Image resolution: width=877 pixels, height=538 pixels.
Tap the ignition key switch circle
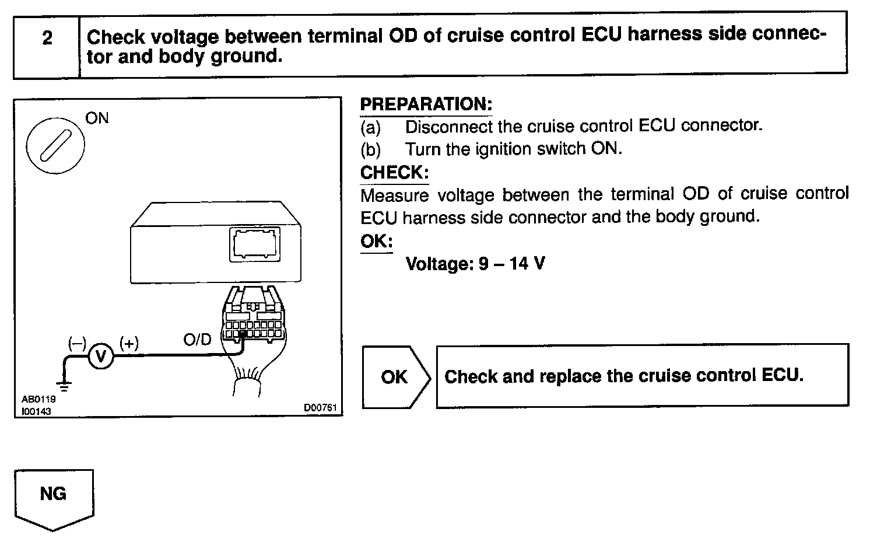click(55, 144)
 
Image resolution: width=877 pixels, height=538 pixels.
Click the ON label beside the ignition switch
click(97, 118)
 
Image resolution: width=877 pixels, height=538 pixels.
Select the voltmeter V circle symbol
click(101, 355)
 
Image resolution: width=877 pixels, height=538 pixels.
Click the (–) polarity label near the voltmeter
click(76, 343)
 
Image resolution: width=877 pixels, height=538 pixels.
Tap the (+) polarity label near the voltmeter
click(129, 343)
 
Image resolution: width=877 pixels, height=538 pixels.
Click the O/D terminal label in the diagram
click(197, 340)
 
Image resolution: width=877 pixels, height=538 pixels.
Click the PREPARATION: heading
click(426, 104)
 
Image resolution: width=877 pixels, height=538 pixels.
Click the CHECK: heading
click(394, 173)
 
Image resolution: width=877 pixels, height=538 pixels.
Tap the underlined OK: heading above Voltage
click(376, 241)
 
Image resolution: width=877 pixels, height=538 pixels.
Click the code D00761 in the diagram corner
click(321, 408)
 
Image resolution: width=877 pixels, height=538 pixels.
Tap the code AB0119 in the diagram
click(38, 400)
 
